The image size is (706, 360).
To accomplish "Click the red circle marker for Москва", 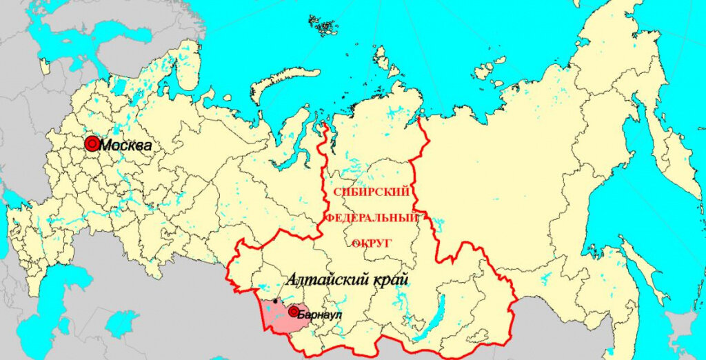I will coord(92,143).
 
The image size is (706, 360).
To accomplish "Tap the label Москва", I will coord(126,146).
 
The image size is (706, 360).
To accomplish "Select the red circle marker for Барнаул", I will coord(294,312).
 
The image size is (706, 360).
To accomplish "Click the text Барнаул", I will coord(320,315).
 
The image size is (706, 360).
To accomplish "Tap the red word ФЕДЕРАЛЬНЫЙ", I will coord(372,217).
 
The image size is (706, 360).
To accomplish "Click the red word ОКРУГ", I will coord(372,243).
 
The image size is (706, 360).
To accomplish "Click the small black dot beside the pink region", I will coord(276,301).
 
